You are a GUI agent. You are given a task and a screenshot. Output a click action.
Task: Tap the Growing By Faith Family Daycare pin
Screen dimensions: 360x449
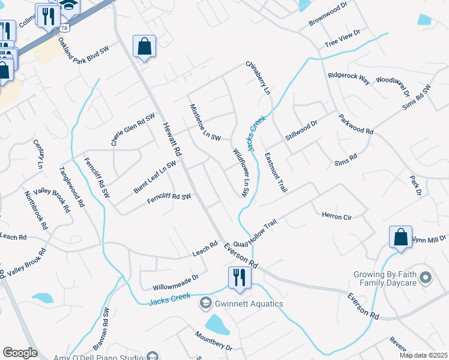tap(426, 277)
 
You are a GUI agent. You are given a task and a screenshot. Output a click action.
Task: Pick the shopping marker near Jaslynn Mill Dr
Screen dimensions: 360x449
tap(400, 236)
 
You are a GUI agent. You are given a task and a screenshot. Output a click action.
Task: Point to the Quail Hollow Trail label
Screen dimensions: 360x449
tap(255, 233)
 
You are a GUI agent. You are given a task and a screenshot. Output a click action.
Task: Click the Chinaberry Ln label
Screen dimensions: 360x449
tap(258, 77)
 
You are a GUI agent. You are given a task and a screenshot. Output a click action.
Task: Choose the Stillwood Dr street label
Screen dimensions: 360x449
tap(301, 130)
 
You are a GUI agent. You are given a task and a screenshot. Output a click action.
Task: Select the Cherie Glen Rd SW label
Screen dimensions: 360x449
tap(133, 129)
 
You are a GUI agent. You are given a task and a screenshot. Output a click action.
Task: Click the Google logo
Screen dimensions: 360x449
tap(20, 353)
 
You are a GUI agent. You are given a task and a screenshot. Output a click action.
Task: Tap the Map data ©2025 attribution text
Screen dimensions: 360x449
tap(423, 355)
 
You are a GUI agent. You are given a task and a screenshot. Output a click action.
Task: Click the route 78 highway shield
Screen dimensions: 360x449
tap(63, 28)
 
